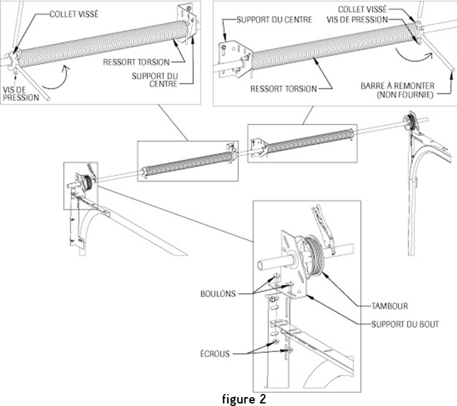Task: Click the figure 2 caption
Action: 247,399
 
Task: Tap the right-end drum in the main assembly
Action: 411,123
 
